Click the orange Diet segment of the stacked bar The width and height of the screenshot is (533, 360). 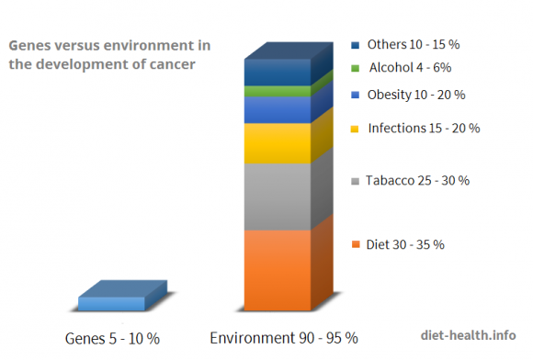click(277, 269)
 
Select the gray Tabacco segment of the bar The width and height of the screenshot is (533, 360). click(277, 197)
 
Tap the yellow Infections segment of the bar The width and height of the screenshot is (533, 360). click(277, 143)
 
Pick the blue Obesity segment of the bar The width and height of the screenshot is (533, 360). click(277, 109)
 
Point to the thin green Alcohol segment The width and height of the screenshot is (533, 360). click(277, 92)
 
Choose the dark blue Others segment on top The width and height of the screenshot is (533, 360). click(277, 73)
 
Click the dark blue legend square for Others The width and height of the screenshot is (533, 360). click(355, 45)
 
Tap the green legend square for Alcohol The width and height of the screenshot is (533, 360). click(355, 68)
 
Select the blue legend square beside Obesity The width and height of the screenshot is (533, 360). click(355, 96)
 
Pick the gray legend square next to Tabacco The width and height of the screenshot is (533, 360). click(355, 181)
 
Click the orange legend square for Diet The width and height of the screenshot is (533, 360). click(355, 245)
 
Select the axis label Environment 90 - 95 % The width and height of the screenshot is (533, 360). click(284, 338)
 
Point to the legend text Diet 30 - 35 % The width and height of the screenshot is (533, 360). click(405, 244)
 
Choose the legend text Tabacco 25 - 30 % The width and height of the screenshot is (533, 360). click(417, 180)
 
